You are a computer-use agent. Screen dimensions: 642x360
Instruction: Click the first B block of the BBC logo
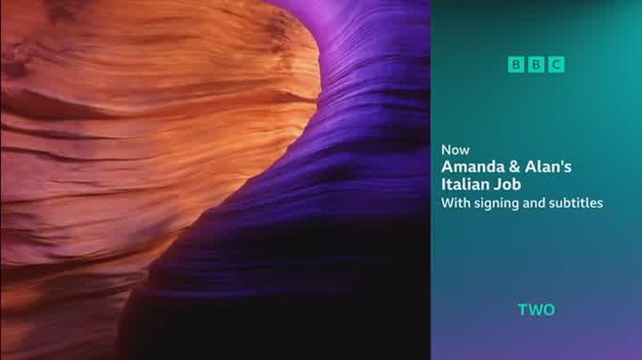[x=516, y=65]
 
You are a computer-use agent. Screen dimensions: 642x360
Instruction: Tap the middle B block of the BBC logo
[x=536, y=65]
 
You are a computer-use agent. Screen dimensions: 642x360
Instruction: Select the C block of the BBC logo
[x=556, y=65]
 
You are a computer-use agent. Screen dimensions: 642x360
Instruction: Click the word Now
[x=456, y=150]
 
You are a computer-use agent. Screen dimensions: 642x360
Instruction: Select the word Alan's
[x=547, y=167]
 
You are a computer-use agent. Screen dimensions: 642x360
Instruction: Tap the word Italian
[x=465, y=184]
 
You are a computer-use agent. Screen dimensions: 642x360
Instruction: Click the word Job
[x=506, y=184]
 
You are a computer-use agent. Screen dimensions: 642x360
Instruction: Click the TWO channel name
[x=537, y=310]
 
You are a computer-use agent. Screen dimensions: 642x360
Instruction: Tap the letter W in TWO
[x=535, y=310]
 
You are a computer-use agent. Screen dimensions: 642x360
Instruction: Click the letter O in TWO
[x=549, y=310]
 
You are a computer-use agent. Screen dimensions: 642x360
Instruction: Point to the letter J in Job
[x=497, y=184]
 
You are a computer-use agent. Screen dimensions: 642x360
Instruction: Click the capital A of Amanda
[x=447, y=167]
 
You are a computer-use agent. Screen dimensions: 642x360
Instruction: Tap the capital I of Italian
[x=443, y=184]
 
